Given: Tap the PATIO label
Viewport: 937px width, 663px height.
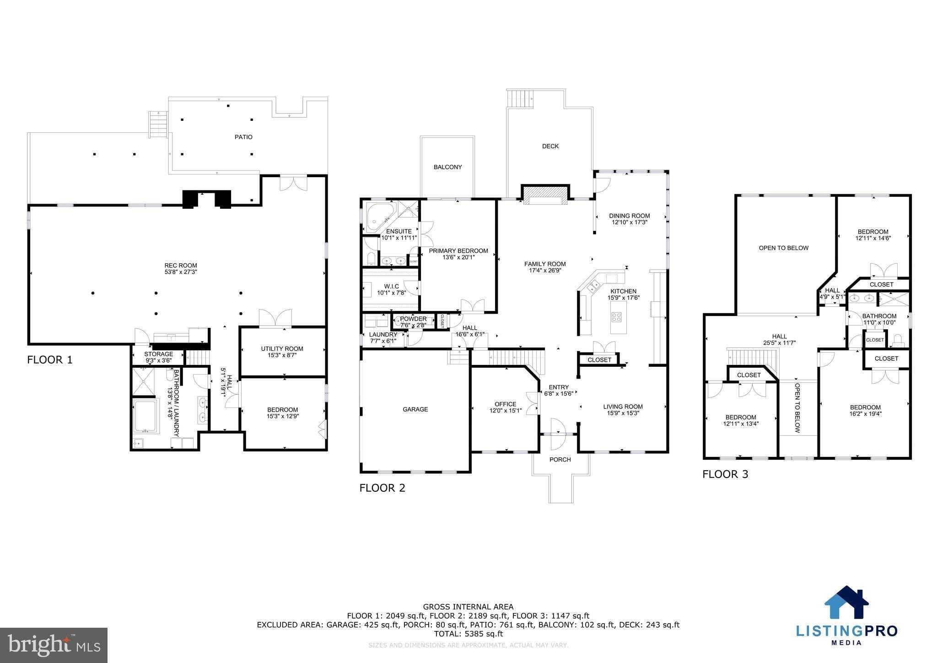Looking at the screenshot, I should coord(243,137).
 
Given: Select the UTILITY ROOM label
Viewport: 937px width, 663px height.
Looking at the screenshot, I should coord(282,349).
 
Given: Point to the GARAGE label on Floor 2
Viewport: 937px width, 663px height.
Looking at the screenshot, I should coord(415,409).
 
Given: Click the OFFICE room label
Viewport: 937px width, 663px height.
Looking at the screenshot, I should coord(505,404).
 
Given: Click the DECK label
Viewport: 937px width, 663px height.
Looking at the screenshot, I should coord(550,147).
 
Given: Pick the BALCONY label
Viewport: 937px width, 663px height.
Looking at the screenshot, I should coord(448,167).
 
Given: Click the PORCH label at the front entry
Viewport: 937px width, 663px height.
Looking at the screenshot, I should coord(560,460).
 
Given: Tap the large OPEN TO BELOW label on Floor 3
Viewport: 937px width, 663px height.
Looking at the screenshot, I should coord(784,248).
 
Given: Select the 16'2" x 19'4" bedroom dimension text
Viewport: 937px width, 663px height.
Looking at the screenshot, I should coord(865,414).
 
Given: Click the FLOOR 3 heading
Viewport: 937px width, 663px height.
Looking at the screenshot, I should coord(725,474).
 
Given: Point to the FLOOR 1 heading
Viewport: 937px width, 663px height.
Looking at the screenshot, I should coord(50,360).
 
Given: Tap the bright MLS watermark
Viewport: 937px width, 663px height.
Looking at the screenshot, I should coord(54,645).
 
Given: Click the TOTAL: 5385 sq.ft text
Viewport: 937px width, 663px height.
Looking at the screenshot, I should coord(468,634).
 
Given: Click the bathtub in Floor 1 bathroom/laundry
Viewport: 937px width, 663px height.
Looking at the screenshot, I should coord(145,416).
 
